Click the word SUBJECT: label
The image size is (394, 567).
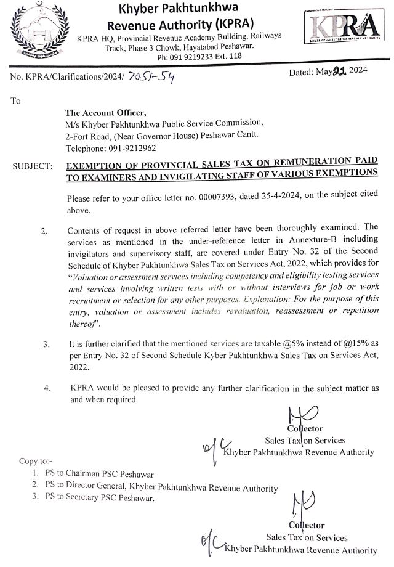pos(32,166)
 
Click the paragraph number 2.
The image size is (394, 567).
pos(44,231)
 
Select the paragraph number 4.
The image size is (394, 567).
pos(47,388)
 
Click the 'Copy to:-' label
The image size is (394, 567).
pos(36,461)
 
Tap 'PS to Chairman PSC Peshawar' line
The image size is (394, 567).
pos(99,475)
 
